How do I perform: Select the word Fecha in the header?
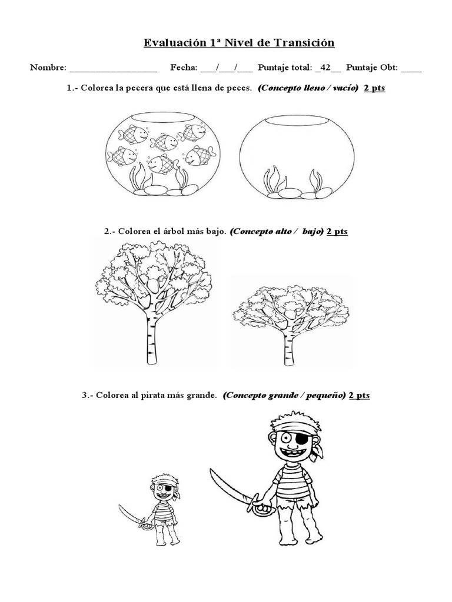(184, 68)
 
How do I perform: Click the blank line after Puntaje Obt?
(411, 69)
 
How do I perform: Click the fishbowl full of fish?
(159, 154)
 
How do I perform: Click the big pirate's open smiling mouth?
(291, 453)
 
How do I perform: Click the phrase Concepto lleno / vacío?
(308, 88)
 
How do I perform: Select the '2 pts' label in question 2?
(337, 231)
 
